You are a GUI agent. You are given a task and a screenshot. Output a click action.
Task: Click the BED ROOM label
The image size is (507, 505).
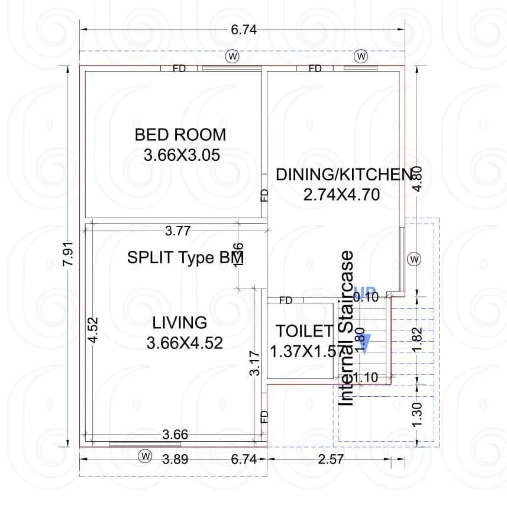(x=180, y=134)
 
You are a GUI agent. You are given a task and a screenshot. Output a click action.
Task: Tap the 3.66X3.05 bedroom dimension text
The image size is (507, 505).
(x=182, y=155)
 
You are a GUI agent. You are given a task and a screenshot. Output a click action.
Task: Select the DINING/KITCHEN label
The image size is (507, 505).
(x=344, y=174)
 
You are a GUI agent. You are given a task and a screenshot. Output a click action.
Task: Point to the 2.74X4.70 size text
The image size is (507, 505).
(x=341, y=195)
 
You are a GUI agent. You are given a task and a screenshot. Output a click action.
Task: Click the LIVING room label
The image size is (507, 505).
(x=180, y=322)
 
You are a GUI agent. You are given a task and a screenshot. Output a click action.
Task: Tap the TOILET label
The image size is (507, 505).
(x=304, y=331)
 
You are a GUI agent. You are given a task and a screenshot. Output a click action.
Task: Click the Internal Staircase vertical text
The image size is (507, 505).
(x=347, y=328)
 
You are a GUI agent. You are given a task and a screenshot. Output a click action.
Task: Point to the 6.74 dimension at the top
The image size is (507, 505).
(x=243, y=31)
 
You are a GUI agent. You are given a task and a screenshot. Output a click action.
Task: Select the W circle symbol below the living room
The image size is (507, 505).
(x=145, y=455)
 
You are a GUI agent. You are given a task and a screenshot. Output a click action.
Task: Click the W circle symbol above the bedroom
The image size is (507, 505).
(x=232, y=56)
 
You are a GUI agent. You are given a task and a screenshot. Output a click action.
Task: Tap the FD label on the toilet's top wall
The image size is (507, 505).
(x=285, y=300)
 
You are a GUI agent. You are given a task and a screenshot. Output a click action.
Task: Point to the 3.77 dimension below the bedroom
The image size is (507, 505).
(x=177, y=231)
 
